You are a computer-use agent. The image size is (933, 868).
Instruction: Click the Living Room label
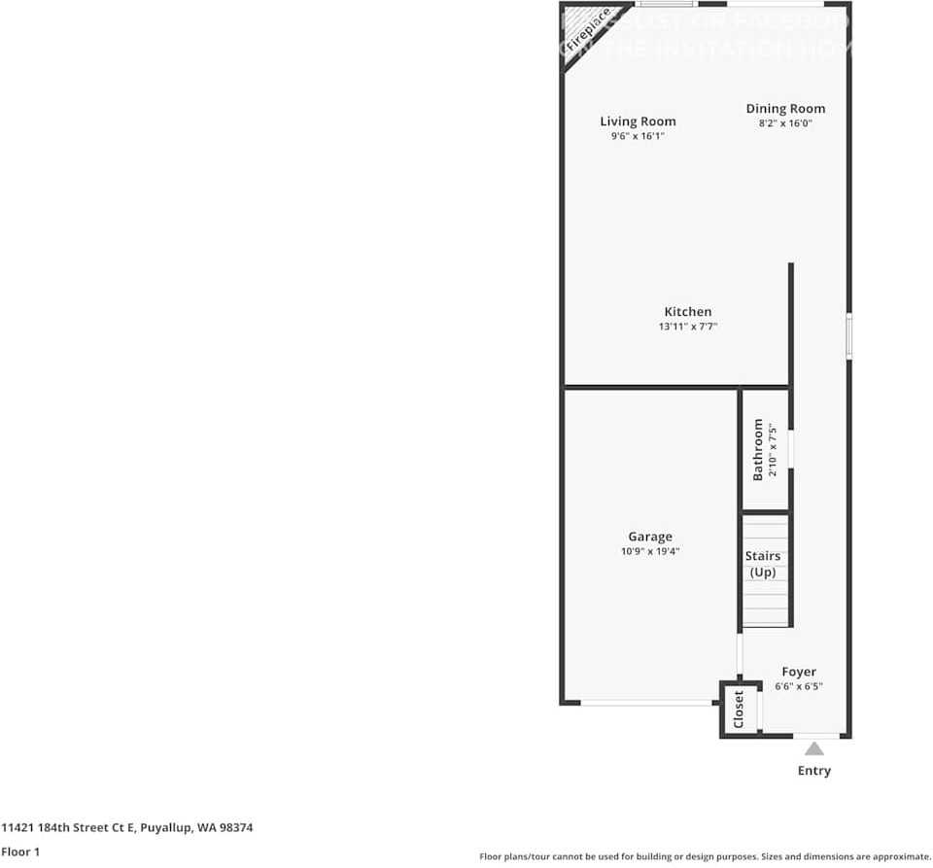(638, 122)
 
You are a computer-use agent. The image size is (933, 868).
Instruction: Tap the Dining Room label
(785, 109)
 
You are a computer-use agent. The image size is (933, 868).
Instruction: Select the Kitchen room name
(688, 312)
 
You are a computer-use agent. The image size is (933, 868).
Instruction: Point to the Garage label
(650, 537)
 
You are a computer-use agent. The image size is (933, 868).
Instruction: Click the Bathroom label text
(759, 449)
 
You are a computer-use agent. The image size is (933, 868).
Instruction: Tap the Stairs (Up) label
(763, 564)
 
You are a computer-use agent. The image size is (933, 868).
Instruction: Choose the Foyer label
(799, 672)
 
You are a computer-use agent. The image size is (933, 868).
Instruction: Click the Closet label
(739, 710)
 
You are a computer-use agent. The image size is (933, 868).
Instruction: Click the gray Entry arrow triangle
(814, 747)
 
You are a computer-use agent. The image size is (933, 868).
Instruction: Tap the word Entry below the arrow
(814, 771)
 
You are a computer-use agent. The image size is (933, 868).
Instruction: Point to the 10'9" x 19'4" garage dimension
(650, 551)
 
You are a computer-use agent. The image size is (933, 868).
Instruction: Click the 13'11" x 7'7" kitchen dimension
(688, 327)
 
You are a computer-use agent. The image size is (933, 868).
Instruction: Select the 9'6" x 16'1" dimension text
(638, 136)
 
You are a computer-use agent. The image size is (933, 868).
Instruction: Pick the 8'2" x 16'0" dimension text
(785, 123)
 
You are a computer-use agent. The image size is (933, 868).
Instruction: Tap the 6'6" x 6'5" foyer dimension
(799, 686)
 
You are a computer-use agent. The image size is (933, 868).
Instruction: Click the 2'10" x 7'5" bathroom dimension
(774, 449)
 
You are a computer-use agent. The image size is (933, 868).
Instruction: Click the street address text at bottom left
(126, 828)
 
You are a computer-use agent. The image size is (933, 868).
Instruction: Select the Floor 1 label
(20, 852)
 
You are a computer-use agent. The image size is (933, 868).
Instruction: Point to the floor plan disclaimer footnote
(705, 856)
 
